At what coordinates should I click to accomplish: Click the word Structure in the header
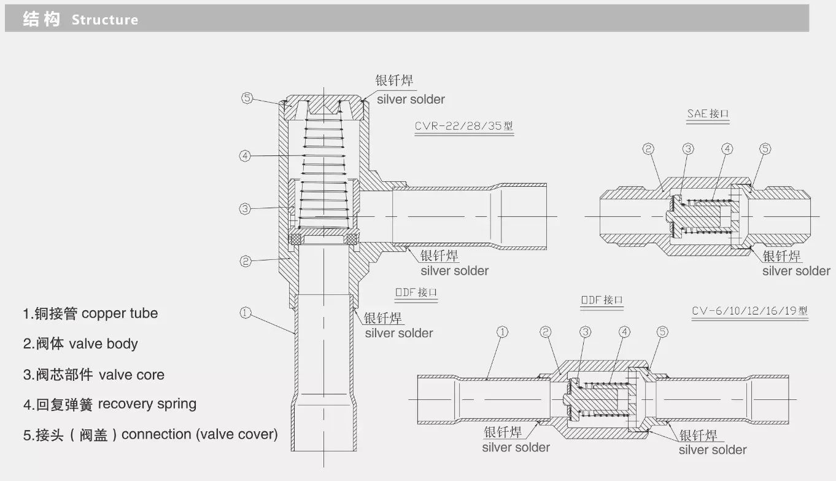(x=104, y=20)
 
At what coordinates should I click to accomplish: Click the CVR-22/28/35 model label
(x=463, y=127)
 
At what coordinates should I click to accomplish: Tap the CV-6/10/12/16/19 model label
(x=749, y=311)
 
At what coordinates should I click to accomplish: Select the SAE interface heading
(x=708, y=114)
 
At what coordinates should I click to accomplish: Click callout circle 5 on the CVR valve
(x=247, y=98)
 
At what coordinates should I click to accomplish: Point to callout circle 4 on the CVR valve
(x=245, y=156)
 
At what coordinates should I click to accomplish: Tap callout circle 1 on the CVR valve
(x=246, y=313)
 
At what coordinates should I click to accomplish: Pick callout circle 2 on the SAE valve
(x=648, y=149)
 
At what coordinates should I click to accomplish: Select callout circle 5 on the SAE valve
(x=765, y=149)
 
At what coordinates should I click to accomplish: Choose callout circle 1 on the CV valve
(x=502, y=332)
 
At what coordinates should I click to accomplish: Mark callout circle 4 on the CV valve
(x=624, y=332)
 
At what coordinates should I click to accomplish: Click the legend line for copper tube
(x=90, y=313)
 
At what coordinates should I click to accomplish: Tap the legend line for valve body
(x=80, y=343)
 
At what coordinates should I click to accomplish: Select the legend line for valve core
(x=94, y=375)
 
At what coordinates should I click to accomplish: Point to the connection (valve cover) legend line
(x=150, y=435)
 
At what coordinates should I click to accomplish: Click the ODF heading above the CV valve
(x=602, y=300)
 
